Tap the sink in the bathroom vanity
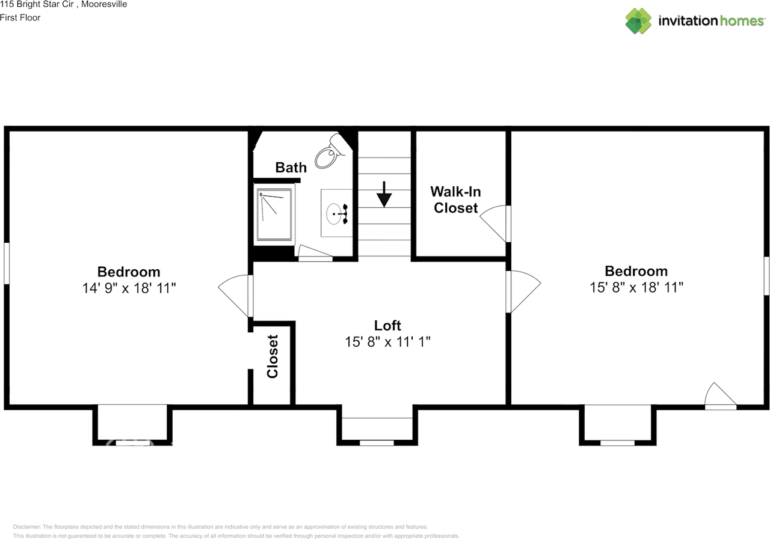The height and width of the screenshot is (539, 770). (x=335, y=213)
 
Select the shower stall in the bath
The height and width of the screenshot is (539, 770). (x=275, y=215)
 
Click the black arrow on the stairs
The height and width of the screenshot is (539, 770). (x=384, y=193)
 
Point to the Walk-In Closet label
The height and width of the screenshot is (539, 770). (x=455, y=200)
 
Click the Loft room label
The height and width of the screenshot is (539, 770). (x=387, y=326)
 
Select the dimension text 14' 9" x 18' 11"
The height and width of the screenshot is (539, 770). (x=129, y=288)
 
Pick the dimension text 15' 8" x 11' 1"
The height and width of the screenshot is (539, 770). (x=387, y=342)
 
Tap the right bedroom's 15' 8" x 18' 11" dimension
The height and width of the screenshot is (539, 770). (x=636, y=287)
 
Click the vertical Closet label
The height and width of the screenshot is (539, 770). (x=273, y=356)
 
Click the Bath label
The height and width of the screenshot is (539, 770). (x=291, y=168)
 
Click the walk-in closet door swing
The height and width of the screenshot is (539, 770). (x=495, y=223)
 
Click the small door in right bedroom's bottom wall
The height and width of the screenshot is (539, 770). (x=720, y=397)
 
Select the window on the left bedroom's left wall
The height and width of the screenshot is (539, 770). (x=7, y=263)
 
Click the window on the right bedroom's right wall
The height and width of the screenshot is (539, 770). (x=766, y=276)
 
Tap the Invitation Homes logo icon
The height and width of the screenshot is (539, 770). (x=638, y=21)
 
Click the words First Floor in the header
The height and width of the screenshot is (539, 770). (x=20, y=17)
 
